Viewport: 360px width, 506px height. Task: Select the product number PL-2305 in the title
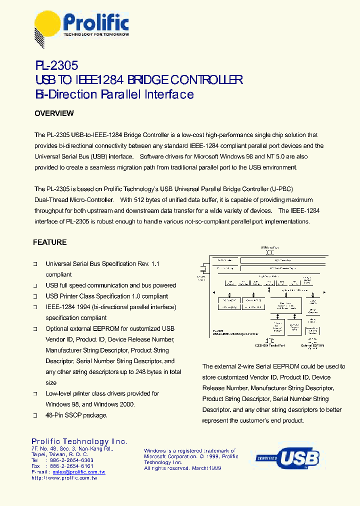pos(56,65)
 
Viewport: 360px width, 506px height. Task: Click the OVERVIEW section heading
pos(54,113)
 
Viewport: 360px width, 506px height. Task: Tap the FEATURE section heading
pos(49,242)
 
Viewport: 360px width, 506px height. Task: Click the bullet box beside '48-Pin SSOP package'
pos(35,415)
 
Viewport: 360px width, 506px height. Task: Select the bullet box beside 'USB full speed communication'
pos(35,285)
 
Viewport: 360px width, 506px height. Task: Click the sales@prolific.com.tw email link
pos(79,472)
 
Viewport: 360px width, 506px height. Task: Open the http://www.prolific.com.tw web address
pos(64,478)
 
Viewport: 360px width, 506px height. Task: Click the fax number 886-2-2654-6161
pos(71,466)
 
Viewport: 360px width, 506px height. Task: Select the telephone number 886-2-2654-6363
pos(71,460)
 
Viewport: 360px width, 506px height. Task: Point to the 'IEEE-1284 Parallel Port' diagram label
pos(270,345)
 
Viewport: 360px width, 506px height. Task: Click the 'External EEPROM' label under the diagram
pos(312,345)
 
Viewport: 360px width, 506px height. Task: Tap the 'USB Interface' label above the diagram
pos(270,247)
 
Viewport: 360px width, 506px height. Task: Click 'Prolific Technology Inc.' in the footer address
pos(79,441)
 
